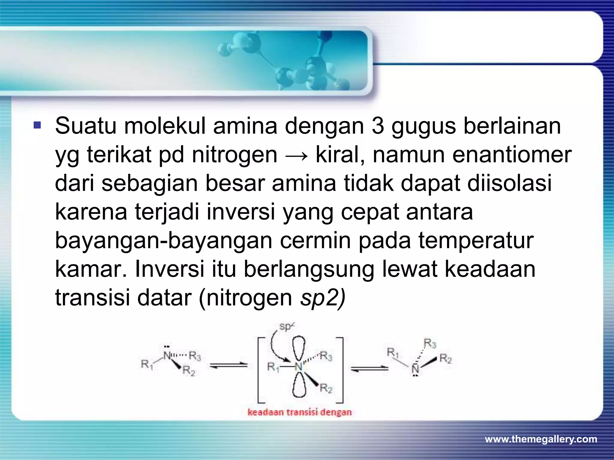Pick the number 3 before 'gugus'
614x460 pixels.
coord(377,126)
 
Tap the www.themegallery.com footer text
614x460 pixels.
coord(541,439)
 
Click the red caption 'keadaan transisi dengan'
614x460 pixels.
coord(300,412)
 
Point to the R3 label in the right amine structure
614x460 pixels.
coord(430,343)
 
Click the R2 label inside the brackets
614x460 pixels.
coord(326,389)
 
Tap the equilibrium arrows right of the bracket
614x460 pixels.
coord(370,369)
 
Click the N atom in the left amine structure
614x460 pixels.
coord(167,355)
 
